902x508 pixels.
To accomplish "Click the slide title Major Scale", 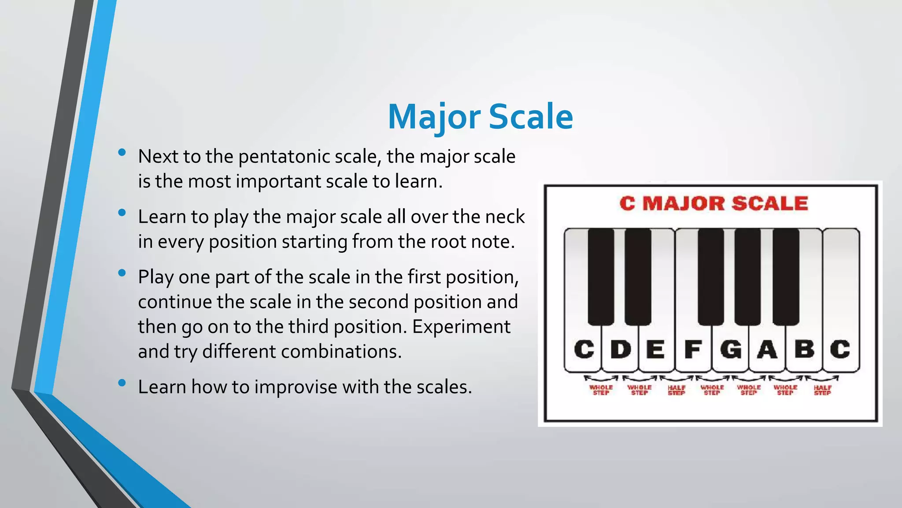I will (x=480, y=117).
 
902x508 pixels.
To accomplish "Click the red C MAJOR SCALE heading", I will (x=713, y=204).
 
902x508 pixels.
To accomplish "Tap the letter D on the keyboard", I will (x=621, y=349).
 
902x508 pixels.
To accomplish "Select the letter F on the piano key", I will (x=693, y=349).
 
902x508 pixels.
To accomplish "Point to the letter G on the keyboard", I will (x=731, y=349).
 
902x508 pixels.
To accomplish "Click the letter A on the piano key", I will (x=767, y=349).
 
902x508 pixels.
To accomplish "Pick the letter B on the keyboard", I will (x=804, y=349).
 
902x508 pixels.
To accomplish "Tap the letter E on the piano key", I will (x=656, y=349).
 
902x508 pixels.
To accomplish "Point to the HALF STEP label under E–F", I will (x=676, y=390).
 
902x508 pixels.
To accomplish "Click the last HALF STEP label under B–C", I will (x=822, y=390).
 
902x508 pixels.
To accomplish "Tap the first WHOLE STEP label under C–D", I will (x=601, y=390).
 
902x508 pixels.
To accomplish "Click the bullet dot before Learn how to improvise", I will (x=122, y=383).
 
